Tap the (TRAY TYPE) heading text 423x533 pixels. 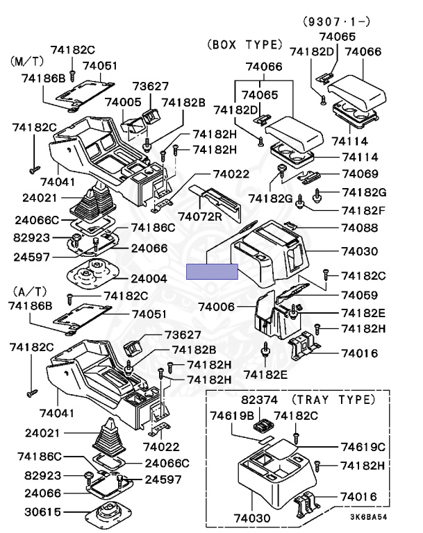(x=333, y=400)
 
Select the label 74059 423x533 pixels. (x=358, y=294)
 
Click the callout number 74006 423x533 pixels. (x=217, y=306)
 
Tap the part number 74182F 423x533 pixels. (x=362, y=210)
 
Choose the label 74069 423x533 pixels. (x=358, y=174)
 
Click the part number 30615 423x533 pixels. (x=42, y=512)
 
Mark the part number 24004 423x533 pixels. (x=149, y=278)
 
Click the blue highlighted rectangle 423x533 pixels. (x=212, y=271)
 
